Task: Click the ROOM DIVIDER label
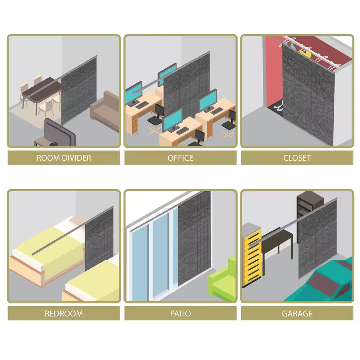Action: click(64, 158)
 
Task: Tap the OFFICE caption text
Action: click(180, 158)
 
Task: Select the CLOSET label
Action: click(297, 158)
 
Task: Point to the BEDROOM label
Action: click(64, 314)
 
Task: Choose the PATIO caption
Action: click(180, 314)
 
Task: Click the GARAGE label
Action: click(297, 314)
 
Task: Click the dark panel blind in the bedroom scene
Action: click(99, 239)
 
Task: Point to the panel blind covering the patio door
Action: click(194, 239)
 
